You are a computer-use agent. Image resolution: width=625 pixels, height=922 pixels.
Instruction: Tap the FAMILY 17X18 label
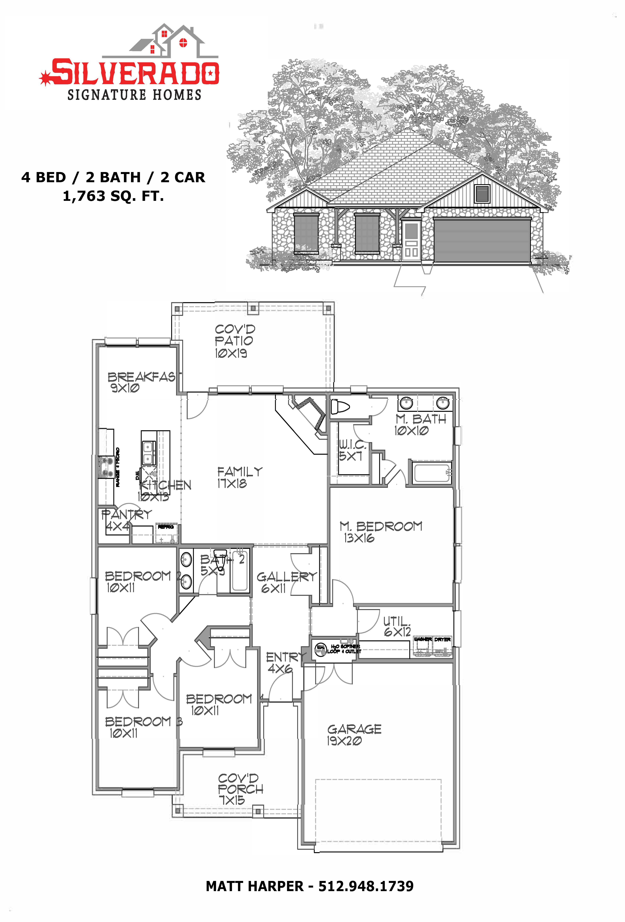pos(239,477)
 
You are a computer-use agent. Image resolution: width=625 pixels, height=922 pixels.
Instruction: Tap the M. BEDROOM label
pos(380,532)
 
